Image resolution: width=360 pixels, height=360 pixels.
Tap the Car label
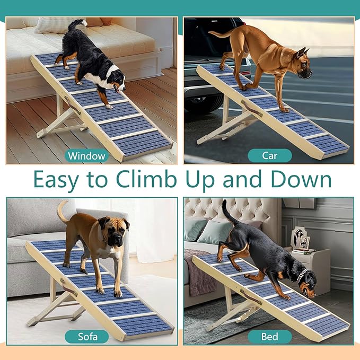[x=270, y=155]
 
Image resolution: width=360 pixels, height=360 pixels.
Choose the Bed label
[x=270, y=336]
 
